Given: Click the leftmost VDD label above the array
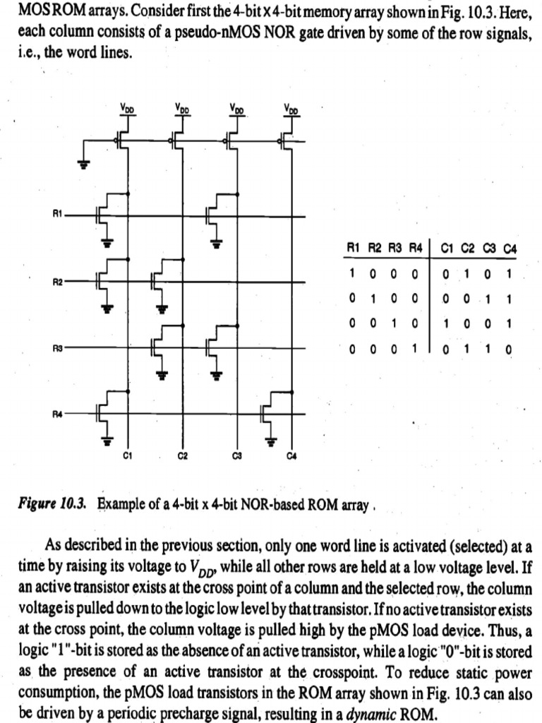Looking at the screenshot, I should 127,109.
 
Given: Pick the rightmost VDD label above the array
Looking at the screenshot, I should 291,109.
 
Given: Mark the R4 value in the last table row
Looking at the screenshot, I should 416,348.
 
